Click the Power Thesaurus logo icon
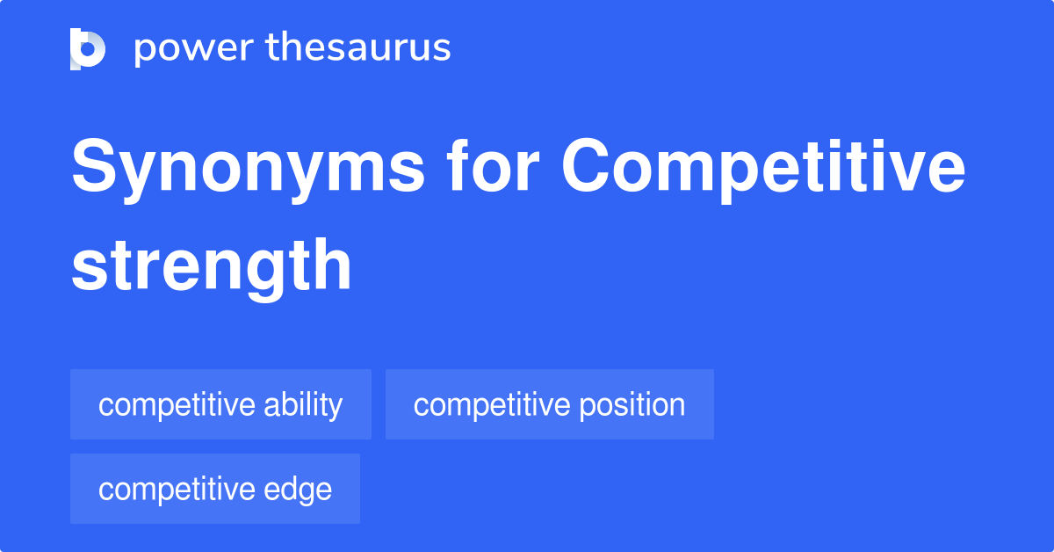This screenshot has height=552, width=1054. tap(88, 48)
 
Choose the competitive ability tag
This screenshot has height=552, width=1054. tap(220, 405)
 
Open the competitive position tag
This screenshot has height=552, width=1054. tap(549, 405)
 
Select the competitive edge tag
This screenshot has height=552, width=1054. tap(215, 490)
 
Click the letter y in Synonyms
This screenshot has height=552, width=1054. tap(143, 175)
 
